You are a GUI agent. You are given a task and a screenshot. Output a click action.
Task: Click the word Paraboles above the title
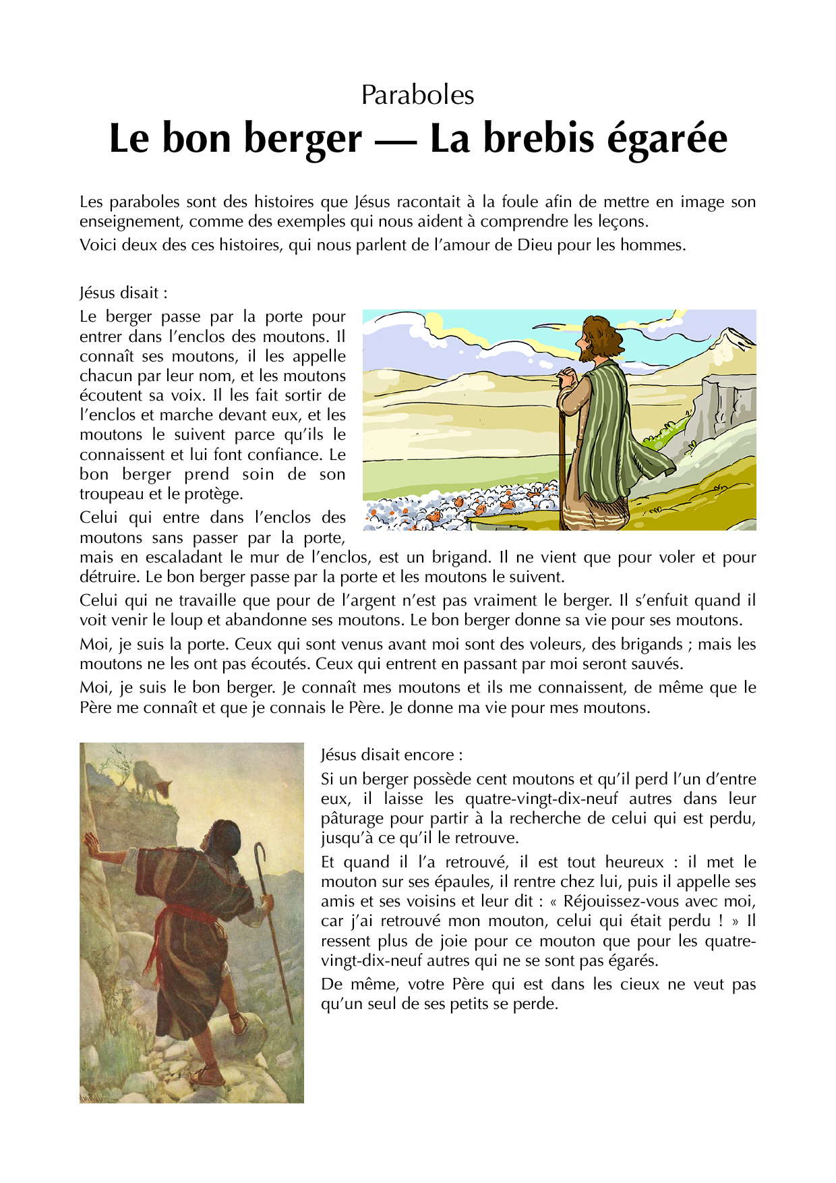[x=417, y=95]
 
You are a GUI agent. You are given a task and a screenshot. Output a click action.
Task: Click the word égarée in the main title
[x=667, y=139]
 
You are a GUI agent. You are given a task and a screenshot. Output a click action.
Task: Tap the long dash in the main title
[x=396, y=139]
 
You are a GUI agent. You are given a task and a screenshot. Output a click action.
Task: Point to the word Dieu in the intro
[x=535, y=245]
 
